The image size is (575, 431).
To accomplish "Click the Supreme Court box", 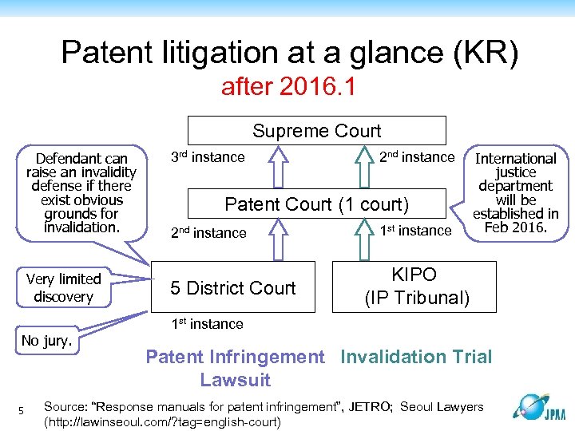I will [316, 131].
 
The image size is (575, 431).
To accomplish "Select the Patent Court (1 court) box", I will [316, 204].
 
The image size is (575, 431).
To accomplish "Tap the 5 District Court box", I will [233, 288].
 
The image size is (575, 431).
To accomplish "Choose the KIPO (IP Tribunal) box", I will [416, 287].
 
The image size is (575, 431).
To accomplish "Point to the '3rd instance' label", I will [208, 157].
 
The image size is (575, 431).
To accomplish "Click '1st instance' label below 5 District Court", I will [206, 324].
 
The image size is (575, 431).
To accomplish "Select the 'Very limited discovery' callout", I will [63, 287].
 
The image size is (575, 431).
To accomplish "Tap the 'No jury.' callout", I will [47, 341].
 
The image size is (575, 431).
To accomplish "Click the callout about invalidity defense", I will [81, 192].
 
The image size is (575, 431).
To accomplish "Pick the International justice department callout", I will [515, 192].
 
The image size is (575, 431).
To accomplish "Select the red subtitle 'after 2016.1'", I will [288, 86].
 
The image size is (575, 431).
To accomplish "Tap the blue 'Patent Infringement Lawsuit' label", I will [235, 368].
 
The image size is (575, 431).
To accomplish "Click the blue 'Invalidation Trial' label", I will [416, 357].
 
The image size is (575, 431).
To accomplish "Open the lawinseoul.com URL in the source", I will [164, 421].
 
